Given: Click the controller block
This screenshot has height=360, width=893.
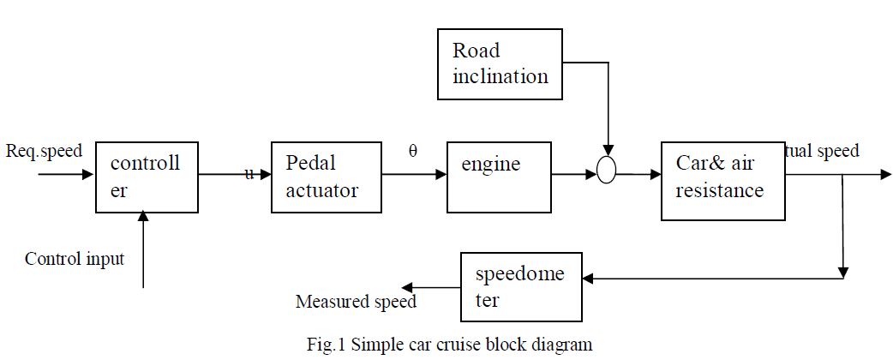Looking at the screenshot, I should point(147,177).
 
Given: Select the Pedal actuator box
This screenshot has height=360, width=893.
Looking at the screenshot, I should point(326,177).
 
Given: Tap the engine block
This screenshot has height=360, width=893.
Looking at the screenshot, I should point(499,177).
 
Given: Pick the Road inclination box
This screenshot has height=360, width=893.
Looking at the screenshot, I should point(500,63).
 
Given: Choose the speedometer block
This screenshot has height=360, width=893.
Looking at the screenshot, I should point(521,286).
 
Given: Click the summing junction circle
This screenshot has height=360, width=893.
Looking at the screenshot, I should point(606,174).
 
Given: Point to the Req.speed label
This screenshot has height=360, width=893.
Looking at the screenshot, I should point(45,152).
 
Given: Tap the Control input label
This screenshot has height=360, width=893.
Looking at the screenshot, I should point(75,259).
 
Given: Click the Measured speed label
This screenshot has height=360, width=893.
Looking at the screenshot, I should point(356,302).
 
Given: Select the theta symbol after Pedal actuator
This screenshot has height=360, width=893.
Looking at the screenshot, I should point(413,152).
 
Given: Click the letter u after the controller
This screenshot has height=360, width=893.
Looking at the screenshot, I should point(249,174).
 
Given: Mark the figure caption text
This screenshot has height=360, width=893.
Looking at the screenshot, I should point(449,345).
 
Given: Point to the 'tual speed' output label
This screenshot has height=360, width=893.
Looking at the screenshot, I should point(822,152).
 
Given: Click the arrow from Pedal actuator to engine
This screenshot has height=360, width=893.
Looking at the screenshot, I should point(414,174).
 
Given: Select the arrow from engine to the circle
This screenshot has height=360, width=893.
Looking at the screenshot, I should point(573,174).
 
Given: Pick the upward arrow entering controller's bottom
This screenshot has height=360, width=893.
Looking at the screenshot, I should point(143,249).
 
